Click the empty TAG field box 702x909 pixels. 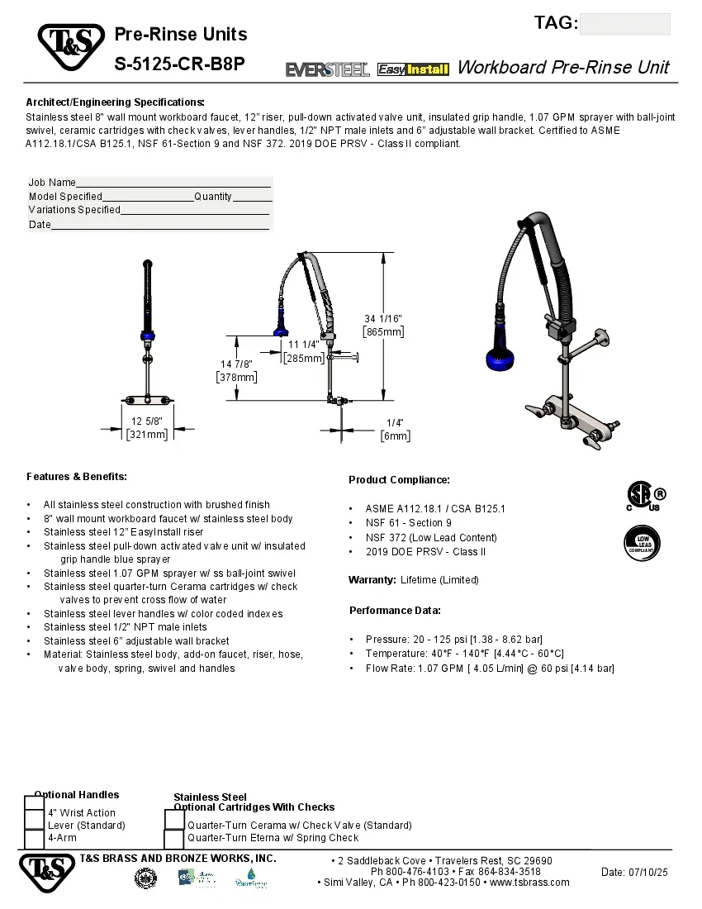(624, 24)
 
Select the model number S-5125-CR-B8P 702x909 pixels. (179, 64)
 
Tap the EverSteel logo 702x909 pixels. (328, 69)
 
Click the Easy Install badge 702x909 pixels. (413, 69)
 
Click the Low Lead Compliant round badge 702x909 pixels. (642, 543)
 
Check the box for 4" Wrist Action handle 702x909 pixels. (34, 804)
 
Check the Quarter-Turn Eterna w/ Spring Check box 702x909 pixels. (174, 839)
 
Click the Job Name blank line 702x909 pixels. (173, 183)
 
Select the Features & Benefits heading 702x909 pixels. (77, 477)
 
